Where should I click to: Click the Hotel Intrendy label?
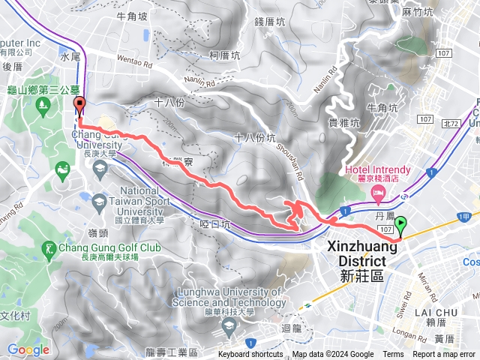click(x=375, y=169)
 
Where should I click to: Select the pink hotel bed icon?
click(x=379, y=194)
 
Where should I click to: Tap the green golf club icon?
click(x=49, y=247)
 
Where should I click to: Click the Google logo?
click(x=28, y=349)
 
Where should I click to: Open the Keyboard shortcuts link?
click(x=250, y=355)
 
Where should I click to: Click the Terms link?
click(x=393, y=355)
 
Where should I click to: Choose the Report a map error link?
click(x=443, y=355)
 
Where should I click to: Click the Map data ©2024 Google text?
click(x=332, y=355)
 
